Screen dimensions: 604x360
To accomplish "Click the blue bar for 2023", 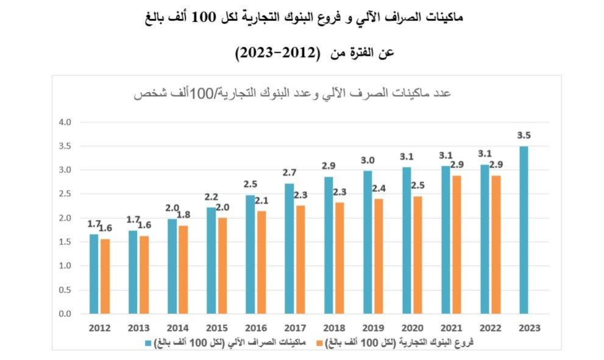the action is (524, 230).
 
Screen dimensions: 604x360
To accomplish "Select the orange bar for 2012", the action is (105, 277).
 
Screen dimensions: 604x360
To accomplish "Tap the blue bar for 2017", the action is (290, 249).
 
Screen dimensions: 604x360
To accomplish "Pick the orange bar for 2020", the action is (417, 255).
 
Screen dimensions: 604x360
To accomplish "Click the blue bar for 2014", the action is (172, 266).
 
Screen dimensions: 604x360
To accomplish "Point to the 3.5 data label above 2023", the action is (524, 135).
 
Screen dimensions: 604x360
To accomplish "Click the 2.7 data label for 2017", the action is (290, 173).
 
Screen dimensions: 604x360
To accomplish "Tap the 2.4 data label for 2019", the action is (378, 188).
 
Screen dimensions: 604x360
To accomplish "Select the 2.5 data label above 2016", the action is (250, 185).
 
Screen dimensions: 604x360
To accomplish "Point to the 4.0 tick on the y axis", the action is (65, 122).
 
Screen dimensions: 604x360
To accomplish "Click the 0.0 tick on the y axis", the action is (65, 314).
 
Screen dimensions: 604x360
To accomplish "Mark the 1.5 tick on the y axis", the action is (65, 242).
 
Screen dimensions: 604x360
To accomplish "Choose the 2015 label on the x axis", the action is (217, 328).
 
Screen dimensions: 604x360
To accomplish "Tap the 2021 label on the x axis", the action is (452, 328).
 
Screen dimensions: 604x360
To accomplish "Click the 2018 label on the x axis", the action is (334, 328).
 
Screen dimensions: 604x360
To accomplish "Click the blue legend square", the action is (148, 343).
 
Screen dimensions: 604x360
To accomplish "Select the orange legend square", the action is (319, 343).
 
